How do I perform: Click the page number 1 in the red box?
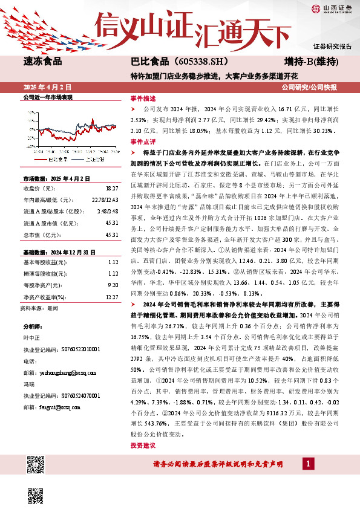tap(309, 463)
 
